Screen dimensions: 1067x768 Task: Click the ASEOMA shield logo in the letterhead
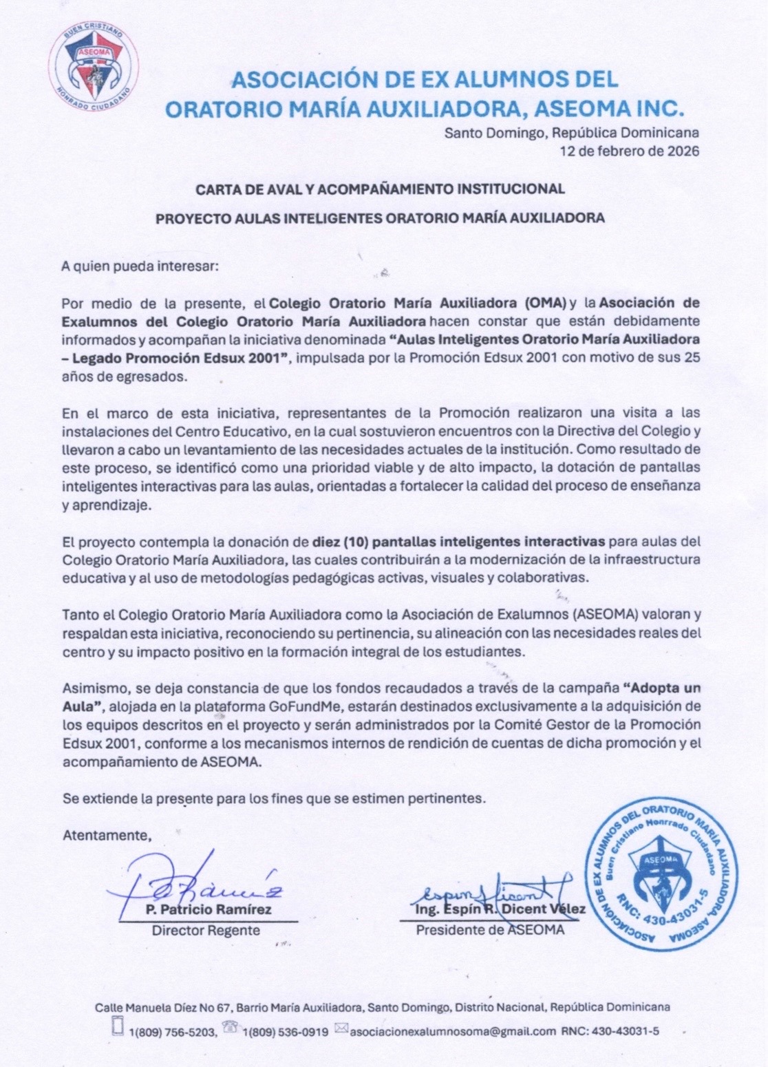coord(94,63)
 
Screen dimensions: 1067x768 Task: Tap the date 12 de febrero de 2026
coord(629,151)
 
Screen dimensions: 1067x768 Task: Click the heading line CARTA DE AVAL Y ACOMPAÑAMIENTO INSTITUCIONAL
coord(380,189)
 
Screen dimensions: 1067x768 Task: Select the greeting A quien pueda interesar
coord(140,266)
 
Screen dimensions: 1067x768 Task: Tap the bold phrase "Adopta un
coord(661,688)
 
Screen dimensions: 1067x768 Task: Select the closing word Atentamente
coord(107,836)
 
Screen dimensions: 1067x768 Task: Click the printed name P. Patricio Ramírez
coord(209,909)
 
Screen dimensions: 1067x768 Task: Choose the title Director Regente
coord(206,931)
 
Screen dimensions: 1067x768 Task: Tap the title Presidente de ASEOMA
coord(490,930)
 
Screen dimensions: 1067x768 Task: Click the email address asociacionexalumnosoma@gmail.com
coord(453,1031)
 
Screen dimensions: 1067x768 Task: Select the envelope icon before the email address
coord(341,1029)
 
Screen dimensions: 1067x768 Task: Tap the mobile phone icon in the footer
coord(118,1026)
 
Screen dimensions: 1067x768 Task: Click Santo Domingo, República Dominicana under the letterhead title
coord(571,133)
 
